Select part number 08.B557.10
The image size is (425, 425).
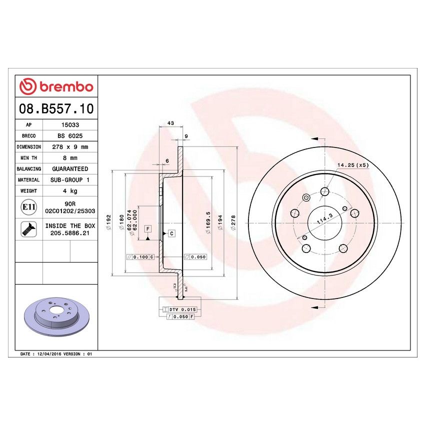56,108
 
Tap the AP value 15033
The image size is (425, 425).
69,125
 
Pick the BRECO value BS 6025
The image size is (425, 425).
69,136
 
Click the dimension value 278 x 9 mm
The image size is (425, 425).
69,147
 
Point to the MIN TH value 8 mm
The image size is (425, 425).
69,158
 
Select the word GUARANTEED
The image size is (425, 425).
69,169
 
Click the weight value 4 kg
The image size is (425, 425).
69,191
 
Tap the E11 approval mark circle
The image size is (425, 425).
28,207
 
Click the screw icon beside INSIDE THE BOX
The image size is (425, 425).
28,229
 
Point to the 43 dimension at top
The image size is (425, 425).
170,123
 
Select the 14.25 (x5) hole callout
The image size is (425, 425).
352,165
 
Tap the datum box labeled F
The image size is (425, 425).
147,229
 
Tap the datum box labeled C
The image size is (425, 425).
171,233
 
